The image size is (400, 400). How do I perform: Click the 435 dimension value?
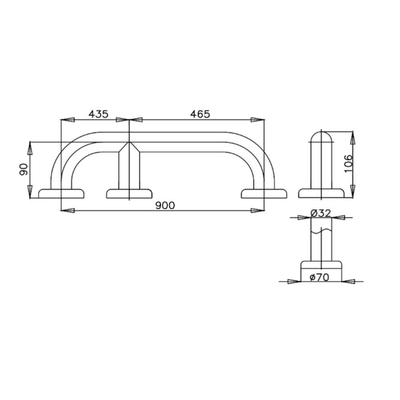[x=98, y=114]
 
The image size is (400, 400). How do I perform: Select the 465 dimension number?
[x=200, y=114]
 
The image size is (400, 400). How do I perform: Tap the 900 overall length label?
[x=165, y=205]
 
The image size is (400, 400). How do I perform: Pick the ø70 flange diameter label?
[x=320, y=277]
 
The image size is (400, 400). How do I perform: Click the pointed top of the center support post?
[x=130, y=145]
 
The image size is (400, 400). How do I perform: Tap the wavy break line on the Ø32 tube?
[x=321, y=231]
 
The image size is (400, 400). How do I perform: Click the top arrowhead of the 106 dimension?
[x=352, y=138]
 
